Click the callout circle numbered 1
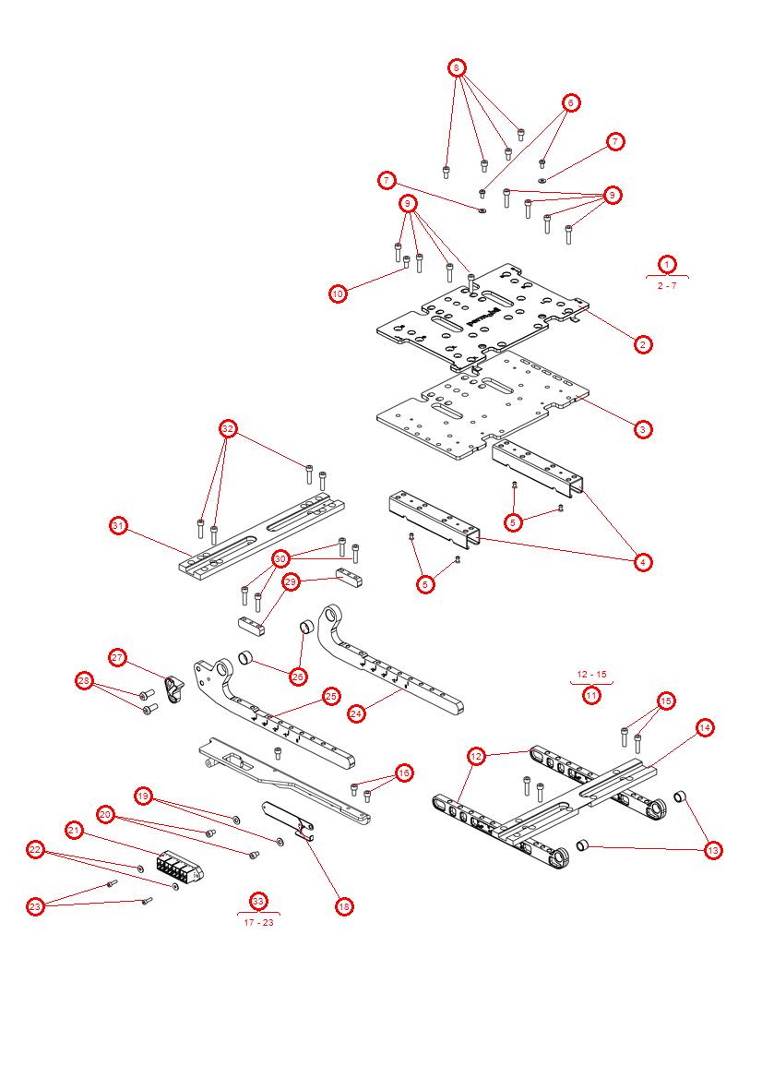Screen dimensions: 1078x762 [x=667, y=264]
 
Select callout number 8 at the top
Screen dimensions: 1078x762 [x=457, y=68]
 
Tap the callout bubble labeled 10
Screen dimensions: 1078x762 [x=339, y=293]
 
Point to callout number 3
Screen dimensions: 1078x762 [x=643, y=428]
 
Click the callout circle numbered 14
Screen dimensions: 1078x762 [x=704, y=727]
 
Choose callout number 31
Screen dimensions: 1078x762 [x=118, y=525]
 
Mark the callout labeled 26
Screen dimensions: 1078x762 [x=297, y=677]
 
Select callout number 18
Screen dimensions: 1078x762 [x=344, y=906]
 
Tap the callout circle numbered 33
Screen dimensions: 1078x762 [x=258, y=900]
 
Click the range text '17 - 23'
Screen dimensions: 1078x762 [x=258, y=922]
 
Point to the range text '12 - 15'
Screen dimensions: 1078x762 [x=591, y=674]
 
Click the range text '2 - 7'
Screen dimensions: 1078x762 [x=667, y=286]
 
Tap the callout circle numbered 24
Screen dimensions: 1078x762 [x=357, y=713]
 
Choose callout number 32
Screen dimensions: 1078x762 [x=228, y=428]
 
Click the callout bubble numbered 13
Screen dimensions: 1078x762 [x=713, y=850]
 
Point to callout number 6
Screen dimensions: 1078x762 [x=570, y=102]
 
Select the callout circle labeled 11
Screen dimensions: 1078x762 [x=591, y=695]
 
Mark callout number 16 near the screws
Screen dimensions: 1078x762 [x=403, y=773]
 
